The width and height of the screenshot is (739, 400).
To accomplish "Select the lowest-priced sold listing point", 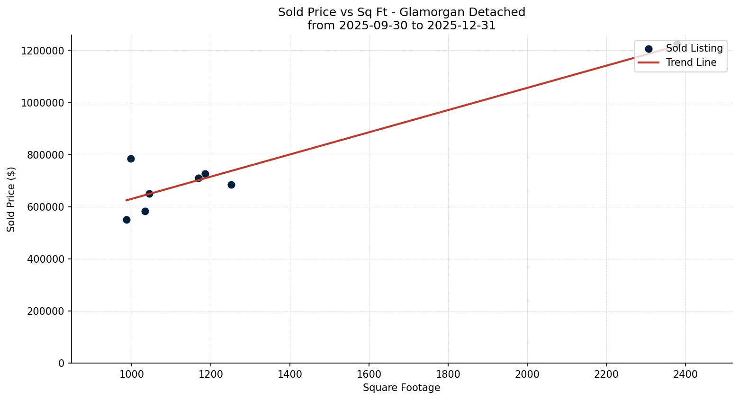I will click(x=126, y=220).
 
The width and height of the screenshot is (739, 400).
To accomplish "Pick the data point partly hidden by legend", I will click(x=677, y=44).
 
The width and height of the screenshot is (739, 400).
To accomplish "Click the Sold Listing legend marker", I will click(x=649, y=49).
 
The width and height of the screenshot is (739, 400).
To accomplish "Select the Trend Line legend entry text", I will click(x=691, y=62).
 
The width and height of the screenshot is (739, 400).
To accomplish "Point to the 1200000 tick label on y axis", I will click(x=43, y=51).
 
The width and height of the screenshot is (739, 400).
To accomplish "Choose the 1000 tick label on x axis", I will click(x=131, y=374).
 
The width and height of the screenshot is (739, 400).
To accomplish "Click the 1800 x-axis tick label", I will click(x=448, y=374).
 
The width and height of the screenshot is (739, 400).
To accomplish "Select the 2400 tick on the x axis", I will click(x=685, y=374).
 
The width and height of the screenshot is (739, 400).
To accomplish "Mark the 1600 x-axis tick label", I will click(x=369, y=374).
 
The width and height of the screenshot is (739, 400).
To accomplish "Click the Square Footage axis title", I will click(x=401, y=388).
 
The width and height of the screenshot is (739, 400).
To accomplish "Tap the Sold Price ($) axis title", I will click(x=11, y=199).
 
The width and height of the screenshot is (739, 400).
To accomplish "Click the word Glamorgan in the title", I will click(x=429, y=12).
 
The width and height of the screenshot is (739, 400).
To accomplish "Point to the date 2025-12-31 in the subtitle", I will click(x=461, y=26).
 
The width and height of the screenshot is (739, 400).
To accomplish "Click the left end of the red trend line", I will click(x=126, y=200).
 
